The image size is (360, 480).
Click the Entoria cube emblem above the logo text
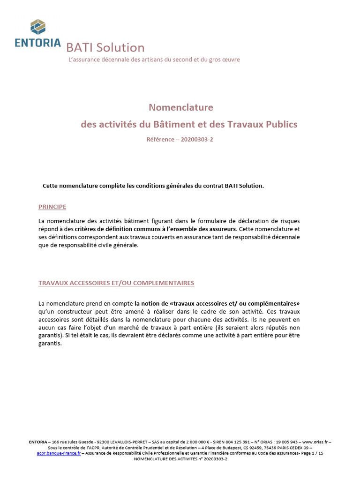tap(37, 27)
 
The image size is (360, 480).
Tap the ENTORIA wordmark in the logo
tap(37, 43)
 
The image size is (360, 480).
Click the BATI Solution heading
tap(105, 48)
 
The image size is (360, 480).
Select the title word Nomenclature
tap(180, 107)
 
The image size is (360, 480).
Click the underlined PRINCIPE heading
tap(52, 207)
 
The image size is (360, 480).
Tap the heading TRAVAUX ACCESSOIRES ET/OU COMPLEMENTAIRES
tap(116, 283)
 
